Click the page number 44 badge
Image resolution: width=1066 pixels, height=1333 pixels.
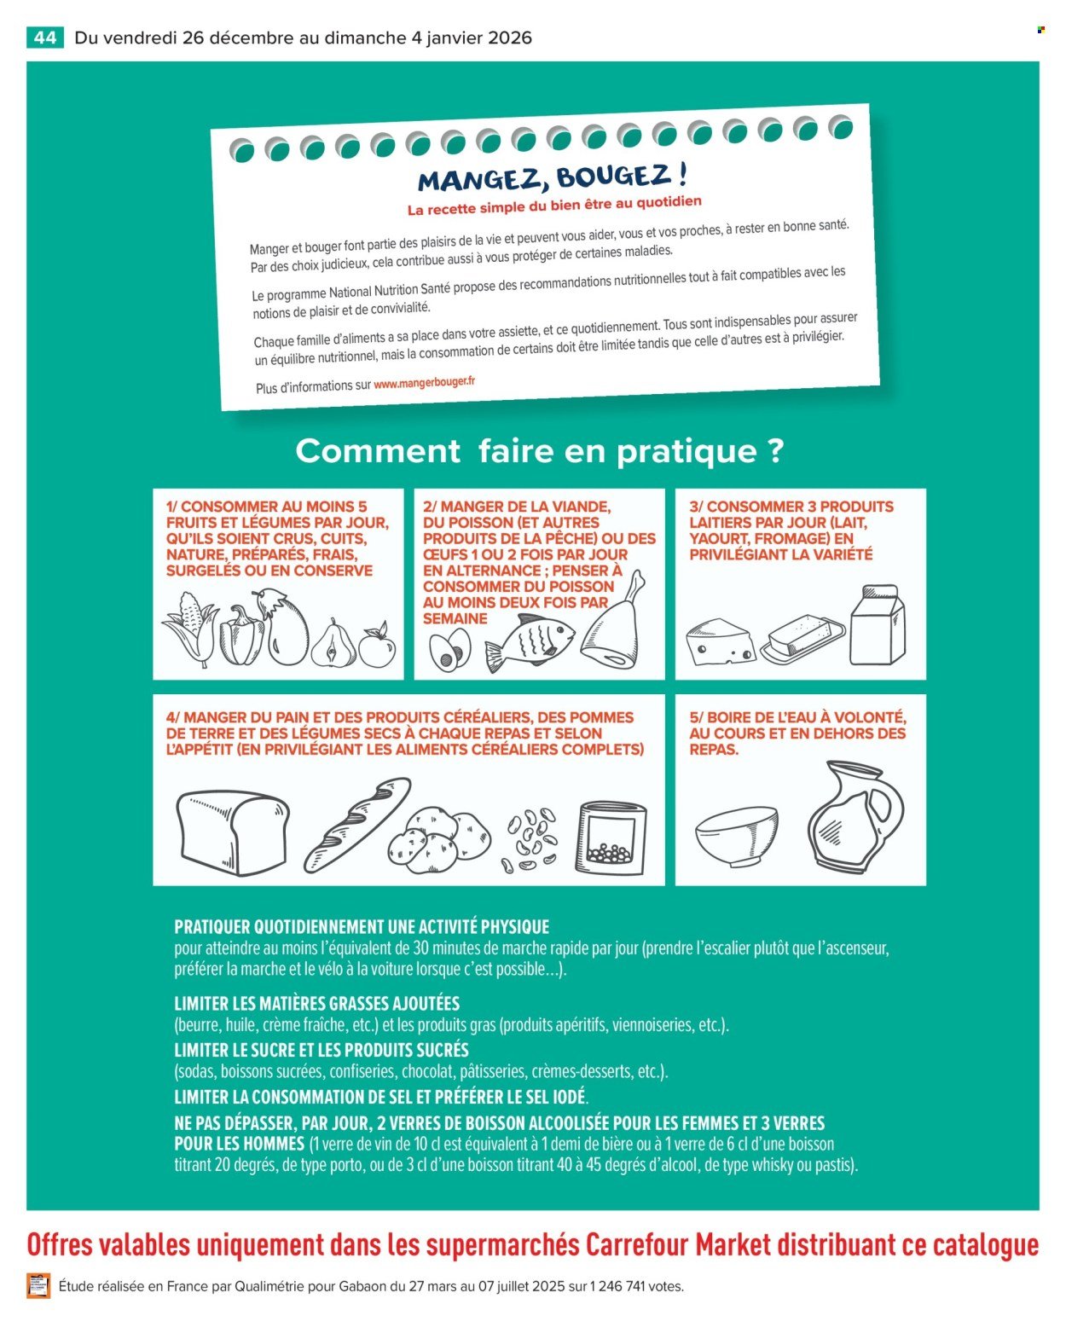click(45, 38)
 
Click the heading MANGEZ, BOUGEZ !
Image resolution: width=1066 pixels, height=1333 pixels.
click(552, 177)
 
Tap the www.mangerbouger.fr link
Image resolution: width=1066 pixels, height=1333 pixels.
click(424, 383)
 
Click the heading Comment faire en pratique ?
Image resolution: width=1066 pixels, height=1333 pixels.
click(539, 450)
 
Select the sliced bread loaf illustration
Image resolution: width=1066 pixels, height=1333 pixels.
click(232, 832)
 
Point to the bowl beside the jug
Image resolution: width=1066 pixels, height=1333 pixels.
click(737, 837)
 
